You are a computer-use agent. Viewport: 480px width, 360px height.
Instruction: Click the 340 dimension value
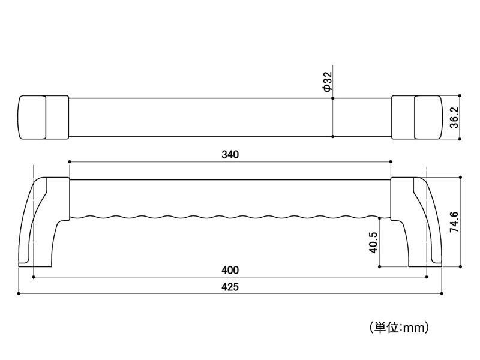[230, 154]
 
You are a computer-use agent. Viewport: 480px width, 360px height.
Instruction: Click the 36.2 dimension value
[454, 117]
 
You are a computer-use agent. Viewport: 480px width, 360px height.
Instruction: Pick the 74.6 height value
[454, 221]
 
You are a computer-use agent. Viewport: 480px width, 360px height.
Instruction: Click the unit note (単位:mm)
[397, 328]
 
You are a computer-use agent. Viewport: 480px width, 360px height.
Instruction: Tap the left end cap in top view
[32, 117]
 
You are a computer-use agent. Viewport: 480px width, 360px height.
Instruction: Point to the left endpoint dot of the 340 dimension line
[70, 161]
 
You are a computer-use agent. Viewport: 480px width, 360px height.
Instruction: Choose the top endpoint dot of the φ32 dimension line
[333, 97]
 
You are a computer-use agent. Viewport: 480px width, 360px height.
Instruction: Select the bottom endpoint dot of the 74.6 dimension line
[460, 266]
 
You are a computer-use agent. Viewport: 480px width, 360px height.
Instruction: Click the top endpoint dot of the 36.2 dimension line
[460, 95]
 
